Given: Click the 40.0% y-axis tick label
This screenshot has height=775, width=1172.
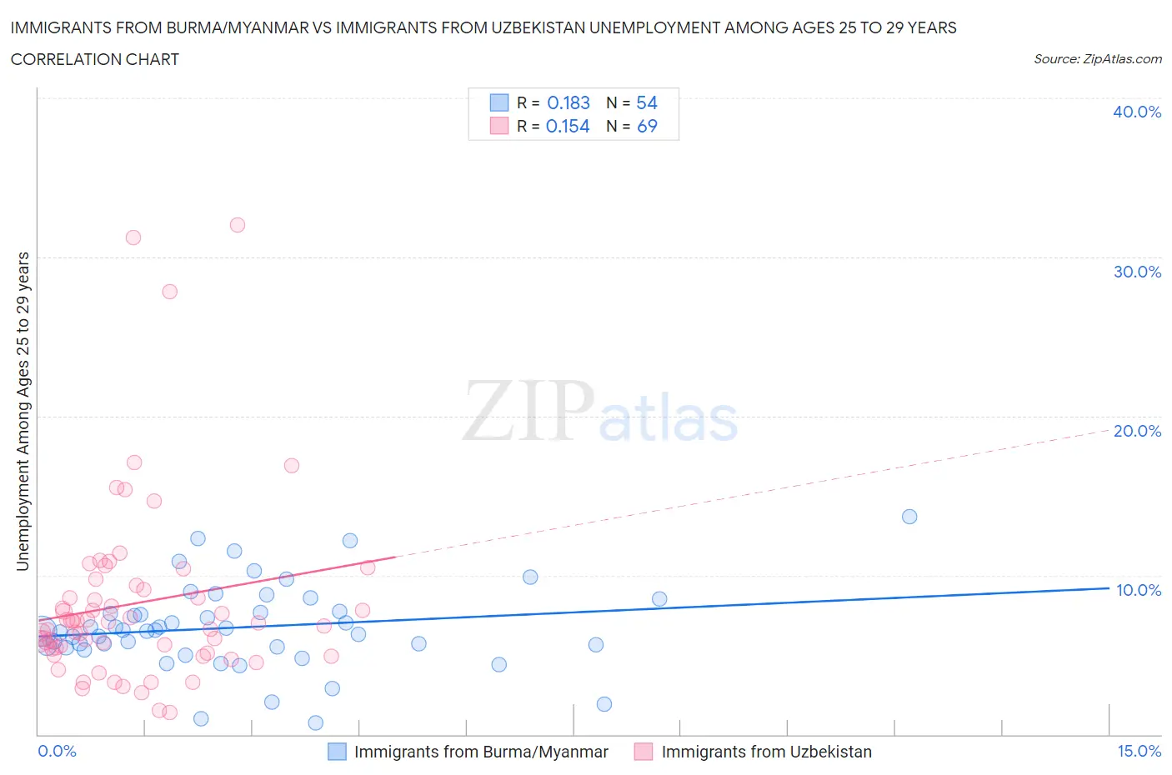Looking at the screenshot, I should (x=1137, y=112).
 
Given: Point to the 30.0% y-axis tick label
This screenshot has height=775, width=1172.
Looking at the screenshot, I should (x=1137, y=272).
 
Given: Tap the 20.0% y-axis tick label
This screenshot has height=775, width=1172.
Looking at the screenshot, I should (x=1137, y=431).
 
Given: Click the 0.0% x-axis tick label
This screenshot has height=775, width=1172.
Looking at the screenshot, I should (x=57, y=751).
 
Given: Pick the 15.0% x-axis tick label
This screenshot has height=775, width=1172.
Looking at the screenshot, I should (x=1139, y=751).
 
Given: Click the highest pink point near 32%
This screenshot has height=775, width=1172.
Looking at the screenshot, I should (x=238, y=225).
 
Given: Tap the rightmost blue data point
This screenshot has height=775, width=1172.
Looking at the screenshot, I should (x=909, y=517).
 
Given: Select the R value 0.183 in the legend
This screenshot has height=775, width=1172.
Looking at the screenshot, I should (x=568, y=102).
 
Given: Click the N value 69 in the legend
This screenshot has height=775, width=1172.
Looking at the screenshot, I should (x=647, y=126).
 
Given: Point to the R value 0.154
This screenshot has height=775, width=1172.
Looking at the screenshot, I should (x=568, y=126).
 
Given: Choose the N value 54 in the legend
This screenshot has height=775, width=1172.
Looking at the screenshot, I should (x=647, y=102).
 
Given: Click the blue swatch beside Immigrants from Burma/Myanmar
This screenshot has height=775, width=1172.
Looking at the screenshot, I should (x=337, y=752).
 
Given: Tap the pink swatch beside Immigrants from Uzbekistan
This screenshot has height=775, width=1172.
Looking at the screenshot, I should (x=643, y=752).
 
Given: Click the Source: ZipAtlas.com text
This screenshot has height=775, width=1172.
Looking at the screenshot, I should (x=1097, y=58).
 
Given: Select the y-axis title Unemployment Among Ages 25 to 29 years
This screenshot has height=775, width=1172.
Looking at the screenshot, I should (x=23, y=412).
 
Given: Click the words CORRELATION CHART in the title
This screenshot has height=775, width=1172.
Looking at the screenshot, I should (x=95, y=59).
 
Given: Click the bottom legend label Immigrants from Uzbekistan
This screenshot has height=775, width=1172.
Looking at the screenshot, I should (x=766, y=752).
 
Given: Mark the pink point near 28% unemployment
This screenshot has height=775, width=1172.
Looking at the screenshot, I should (x=169, y=292).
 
